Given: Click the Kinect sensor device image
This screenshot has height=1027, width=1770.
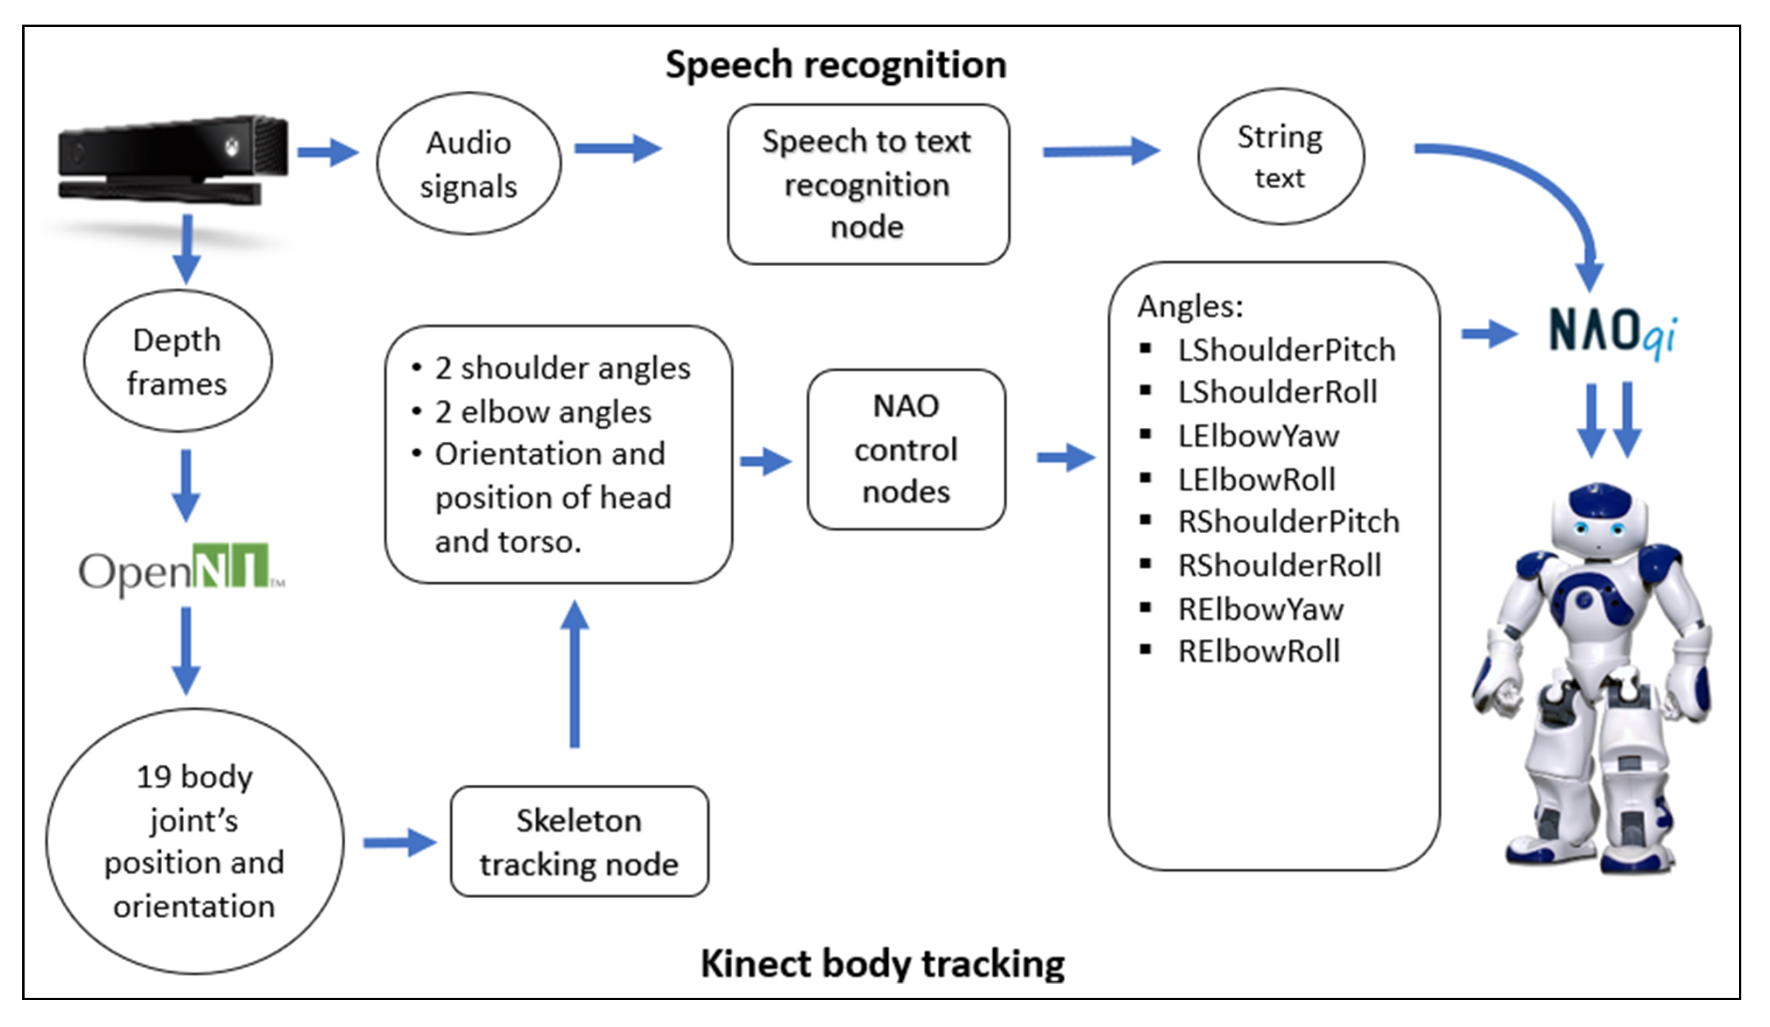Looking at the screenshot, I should point(172,162).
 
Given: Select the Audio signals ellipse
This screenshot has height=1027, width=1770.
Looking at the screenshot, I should point(468,164).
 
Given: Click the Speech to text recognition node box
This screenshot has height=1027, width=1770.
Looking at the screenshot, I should point(868,185).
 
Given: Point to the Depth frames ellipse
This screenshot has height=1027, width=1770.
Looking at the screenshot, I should point(178,361).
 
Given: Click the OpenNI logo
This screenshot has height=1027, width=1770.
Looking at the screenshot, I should point(181,569).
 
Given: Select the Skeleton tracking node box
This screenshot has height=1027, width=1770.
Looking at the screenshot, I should point(579,841).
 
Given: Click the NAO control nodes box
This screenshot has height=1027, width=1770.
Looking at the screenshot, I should point(906,449).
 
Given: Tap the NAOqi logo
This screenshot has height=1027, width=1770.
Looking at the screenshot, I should point(1613,333).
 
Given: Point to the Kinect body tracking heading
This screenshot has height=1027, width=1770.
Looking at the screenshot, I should point(883,963).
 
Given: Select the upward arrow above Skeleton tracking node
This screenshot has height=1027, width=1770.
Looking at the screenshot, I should point(575,674).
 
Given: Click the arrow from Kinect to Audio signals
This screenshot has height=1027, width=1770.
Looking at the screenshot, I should point(327,152).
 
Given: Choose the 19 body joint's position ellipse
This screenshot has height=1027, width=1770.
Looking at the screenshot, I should point(194,841).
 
